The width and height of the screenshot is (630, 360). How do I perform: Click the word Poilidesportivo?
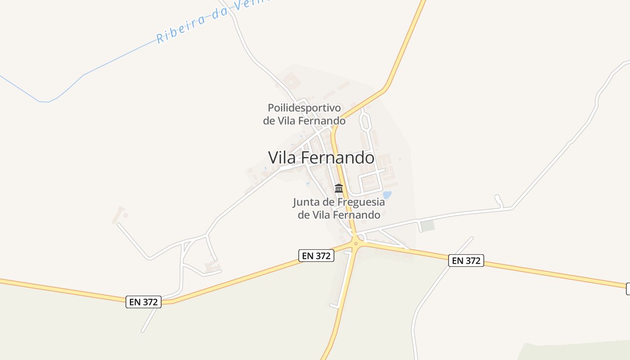coord(304,108)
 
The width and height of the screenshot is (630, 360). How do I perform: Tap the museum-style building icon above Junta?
coord(339,188)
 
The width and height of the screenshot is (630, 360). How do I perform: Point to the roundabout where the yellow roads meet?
coord(355,244)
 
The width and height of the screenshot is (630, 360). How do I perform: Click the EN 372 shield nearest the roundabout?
coord(316,256)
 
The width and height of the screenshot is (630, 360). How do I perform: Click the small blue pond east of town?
coord(387,195)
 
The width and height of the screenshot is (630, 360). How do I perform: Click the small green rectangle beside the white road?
coord(428,225)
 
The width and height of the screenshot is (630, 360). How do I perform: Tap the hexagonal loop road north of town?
coord(365,121)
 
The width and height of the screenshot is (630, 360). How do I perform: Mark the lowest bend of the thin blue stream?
coord(44,102)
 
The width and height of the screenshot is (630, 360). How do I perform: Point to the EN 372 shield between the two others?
coord(316,256)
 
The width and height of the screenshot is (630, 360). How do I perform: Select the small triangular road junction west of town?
coord(187,245)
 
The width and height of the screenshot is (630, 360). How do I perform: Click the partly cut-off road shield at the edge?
coord(628,289)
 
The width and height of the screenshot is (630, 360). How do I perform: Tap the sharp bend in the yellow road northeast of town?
coord(385,88)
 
